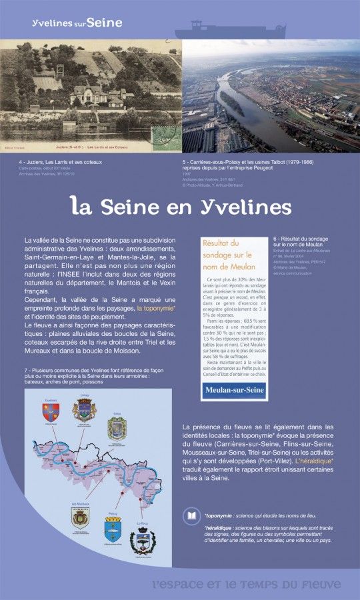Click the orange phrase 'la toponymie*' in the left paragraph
click(156, 309)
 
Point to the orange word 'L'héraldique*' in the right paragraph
click(313, 461)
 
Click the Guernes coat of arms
click(51, 412)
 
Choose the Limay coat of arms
click(83, 409)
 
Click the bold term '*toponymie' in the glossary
click(223, 516)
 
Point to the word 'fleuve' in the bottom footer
click(315, 584)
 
